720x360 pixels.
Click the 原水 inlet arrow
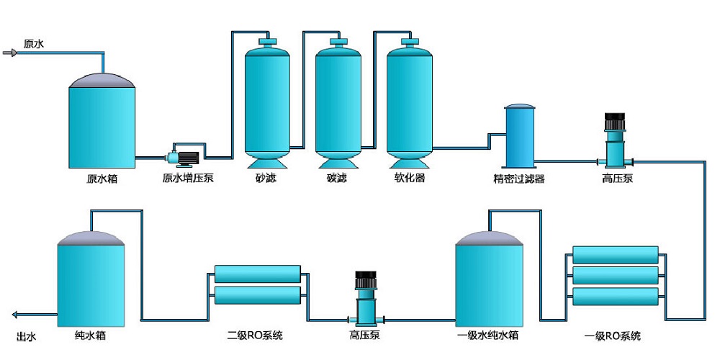point(9,53)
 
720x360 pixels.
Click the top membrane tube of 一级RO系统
point(616,254)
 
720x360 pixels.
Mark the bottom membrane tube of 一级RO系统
point(616,294)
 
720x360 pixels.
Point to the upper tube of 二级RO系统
point(258,274)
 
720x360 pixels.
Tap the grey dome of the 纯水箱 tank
point(91,238)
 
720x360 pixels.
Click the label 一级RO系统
point(612,336)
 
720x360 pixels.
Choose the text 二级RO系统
point(255,336)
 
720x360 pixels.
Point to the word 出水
point(26,336)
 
